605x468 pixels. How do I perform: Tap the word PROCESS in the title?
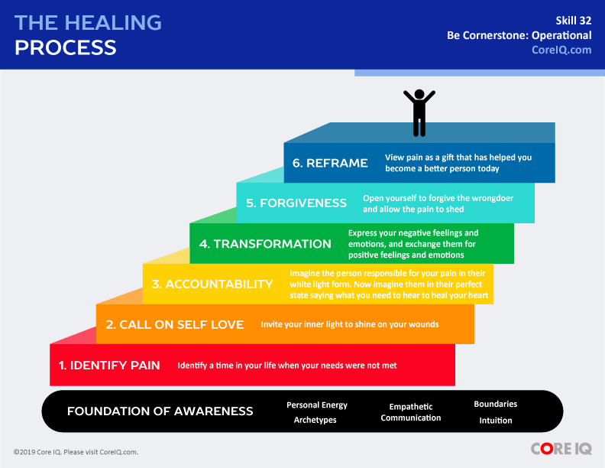66,47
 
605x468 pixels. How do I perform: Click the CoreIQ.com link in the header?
561,50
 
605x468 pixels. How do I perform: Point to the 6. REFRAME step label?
330,163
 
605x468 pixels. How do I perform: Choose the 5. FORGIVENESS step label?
296,203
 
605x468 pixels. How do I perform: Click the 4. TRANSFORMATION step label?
265,244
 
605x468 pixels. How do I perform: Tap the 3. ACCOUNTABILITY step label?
212,284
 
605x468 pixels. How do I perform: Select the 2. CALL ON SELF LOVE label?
175,324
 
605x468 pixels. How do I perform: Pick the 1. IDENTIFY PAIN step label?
109,366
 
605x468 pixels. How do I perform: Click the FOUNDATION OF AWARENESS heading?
160,411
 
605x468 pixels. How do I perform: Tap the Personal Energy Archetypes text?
316,412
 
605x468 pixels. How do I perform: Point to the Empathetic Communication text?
411,412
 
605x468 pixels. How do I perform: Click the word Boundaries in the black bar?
495,404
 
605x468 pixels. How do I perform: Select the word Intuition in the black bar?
495,420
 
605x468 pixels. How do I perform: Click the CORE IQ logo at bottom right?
561,449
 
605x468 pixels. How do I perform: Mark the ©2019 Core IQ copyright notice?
76,452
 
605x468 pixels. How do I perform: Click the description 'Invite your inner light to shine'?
350,324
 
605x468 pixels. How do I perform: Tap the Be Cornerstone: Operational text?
519,35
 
